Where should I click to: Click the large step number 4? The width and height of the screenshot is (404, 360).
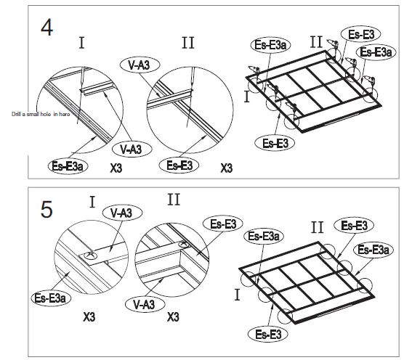pos(46,28)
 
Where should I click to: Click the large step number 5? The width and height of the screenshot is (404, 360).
pos(46,210)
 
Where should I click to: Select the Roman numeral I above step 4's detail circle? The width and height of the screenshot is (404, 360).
pos(81,44)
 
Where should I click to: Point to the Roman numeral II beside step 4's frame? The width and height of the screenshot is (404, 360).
pos(316,41)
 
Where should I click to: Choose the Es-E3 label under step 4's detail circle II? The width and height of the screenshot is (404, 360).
pos(179,165)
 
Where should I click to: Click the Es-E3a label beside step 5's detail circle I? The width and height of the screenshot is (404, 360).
pos(50,297)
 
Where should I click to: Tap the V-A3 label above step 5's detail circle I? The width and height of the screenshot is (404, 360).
pos(121,213)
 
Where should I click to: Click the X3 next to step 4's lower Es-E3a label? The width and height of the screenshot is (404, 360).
pos(116,168)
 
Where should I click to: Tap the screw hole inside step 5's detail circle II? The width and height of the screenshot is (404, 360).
pos(181,245)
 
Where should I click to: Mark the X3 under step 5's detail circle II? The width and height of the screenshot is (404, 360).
pos(173,318)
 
